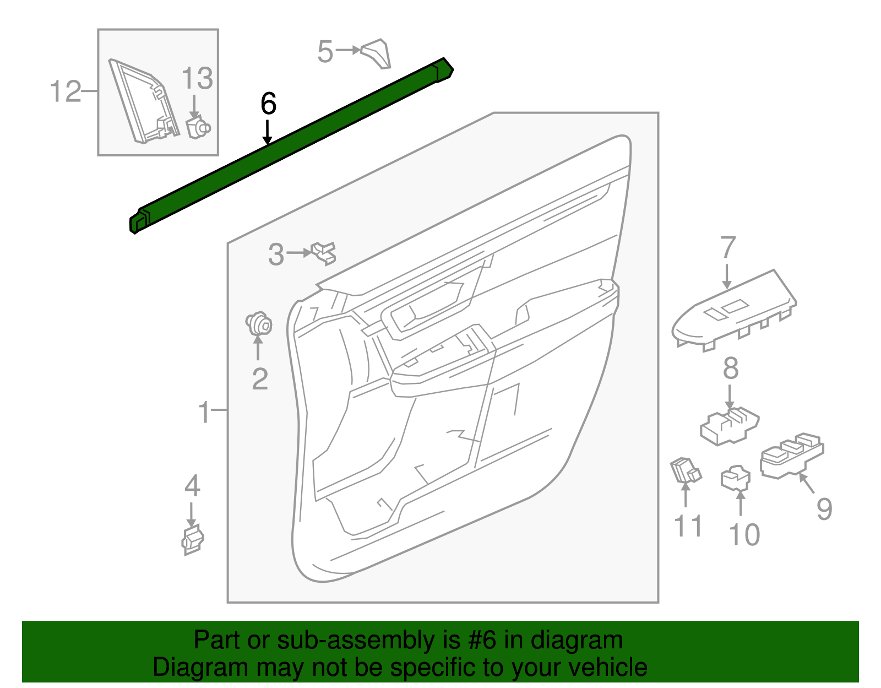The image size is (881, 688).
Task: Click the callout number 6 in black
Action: [268, 104]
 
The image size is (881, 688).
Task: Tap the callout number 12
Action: [66, 91]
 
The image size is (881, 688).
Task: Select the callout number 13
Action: [197, 78]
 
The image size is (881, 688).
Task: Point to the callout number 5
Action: [325, 52]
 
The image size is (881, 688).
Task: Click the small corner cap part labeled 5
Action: [377, 53]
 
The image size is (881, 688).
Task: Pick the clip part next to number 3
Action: [324, 253]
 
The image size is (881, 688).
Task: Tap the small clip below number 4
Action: [192, 539]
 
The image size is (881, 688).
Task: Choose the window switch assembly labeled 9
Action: [791, 456]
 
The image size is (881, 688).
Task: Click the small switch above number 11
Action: [685, 471]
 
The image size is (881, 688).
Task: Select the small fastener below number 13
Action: [197, 128]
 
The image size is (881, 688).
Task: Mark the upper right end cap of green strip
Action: [444, 70]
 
